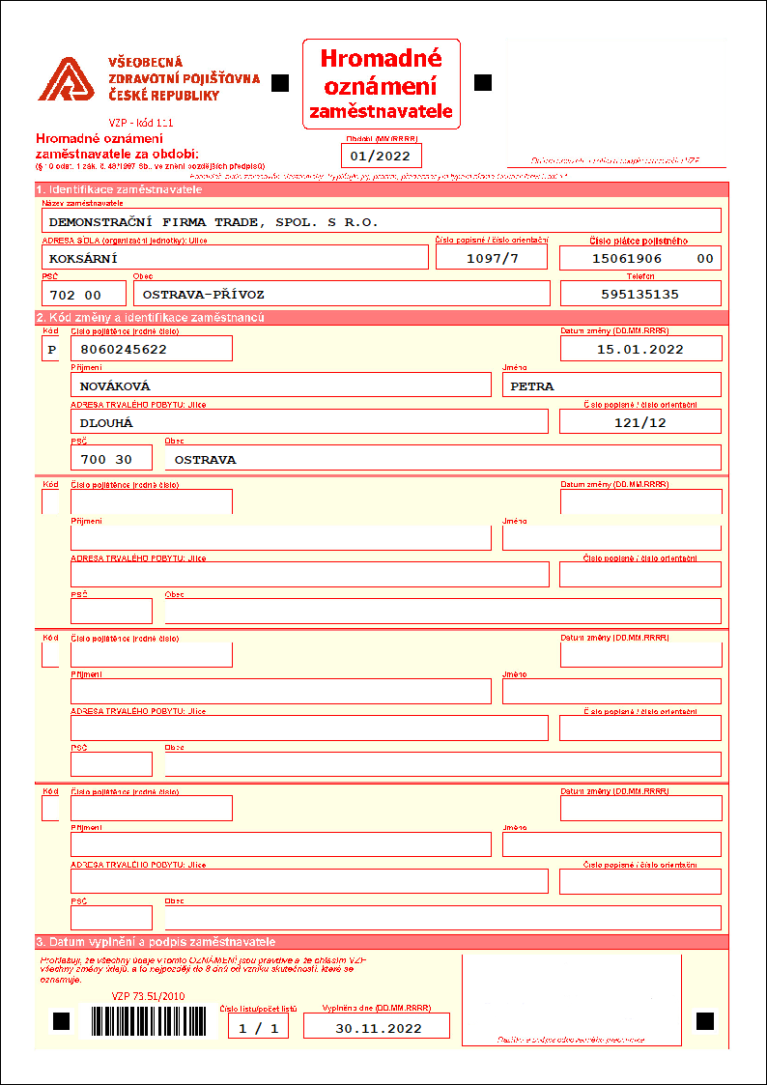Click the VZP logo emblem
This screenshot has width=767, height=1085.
coord(66,79)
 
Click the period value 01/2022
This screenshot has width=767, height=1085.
coord(381,156)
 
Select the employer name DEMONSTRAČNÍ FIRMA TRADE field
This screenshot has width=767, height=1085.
coord(213,221)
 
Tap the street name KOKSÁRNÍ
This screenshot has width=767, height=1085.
coord(83,258)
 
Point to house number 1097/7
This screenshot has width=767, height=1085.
coord(492,258)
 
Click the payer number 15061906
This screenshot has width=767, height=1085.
coord(627,258)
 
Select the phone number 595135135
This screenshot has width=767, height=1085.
coord(639,294)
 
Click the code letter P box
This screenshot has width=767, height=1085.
coord(51,349)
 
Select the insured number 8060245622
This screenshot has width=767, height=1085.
coord(125,349)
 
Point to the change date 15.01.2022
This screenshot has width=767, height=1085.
coord(639,349)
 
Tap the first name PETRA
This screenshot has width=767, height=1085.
coord(532,385)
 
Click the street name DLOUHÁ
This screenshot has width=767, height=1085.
coord(105,422)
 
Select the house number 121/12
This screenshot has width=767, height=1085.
coord(639,422)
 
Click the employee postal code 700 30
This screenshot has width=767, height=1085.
coord(107,459)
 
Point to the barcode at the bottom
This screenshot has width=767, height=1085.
coord(149,1021)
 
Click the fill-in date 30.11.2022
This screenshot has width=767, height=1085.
coord(378,1028)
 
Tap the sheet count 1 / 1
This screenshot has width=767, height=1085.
coord(258,1028)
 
